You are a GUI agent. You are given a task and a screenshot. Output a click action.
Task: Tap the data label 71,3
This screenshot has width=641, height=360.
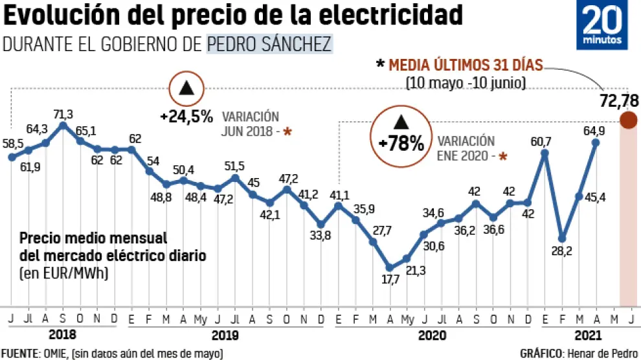point(63,114)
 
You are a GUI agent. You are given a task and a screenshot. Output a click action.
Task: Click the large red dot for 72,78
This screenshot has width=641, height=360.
point(627,120)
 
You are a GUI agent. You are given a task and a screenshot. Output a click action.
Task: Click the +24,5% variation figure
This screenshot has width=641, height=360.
point(186,117)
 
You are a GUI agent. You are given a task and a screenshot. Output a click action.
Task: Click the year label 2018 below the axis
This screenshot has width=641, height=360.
point(63,335)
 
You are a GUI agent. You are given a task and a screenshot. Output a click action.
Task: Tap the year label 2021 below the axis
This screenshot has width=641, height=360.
point(588,335)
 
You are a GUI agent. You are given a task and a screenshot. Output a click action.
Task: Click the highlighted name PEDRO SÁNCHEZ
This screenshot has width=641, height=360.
point(269,44)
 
